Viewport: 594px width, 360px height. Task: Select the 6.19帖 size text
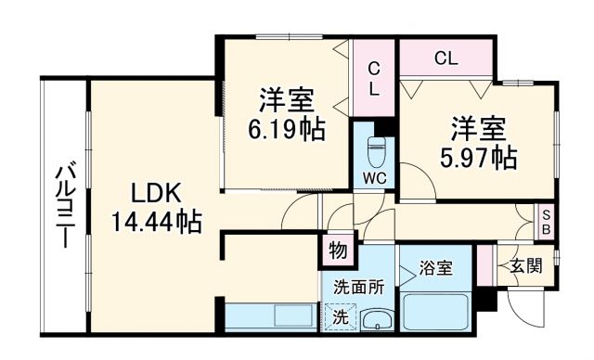pos(286,128)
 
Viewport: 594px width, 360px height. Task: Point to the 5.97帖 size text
pos(479,156)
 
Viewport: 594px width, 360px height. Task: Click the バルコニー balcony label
pos(64,206)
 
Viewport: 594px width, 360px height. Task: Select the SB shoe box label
pos(548,220)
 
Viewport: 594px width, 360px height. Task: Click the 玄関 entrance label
pos(524,266)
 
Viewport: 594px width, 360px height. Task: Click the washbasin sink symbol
pos(376,320)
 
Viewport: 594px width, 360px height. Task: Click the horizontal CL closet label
pos(445,58)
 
